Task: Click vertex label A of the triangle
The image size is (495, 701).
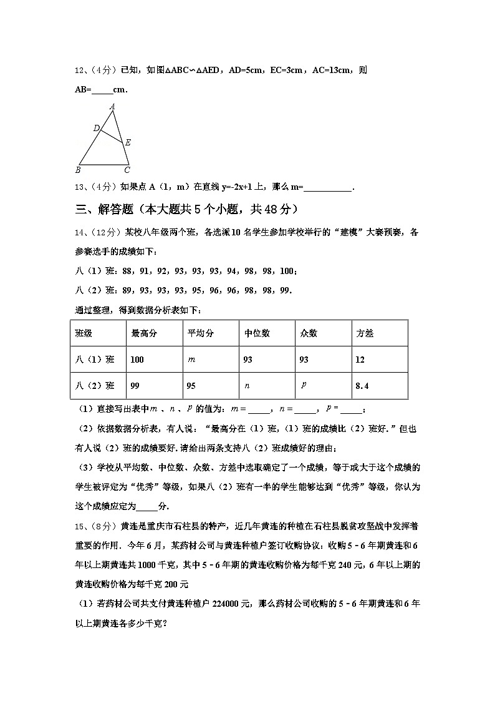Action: tap(112, 107)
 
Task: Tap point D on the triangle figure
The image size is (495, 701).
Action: tap(97, 128)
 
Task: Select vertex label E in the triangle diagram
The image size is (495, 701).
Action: tap(128, 143)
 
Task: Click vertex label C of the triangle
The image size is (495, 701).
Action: tap(127, 170)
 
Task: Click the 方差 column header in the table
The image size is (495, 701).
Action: tap(364, 333)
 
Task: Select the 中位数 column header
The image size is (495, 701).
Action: tap(257, 333)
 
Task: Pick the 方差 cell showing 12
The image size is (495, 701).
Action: tap(360, 360)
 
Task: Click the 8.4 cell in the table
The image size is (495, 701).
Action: tap(362, 386)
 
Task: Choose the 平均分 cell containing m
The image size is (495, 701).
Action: tap(191, 360)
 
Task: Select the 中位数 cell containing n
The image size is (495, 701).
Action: tap(247, 386)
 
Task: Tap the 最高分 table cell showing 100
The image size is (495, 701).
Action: tap(137, 360)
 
